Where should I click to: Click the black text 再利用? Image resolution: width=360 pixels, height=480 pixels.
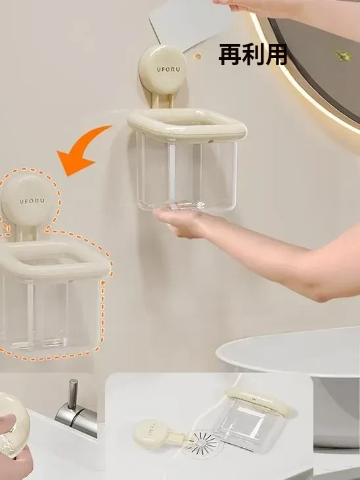[253, 55]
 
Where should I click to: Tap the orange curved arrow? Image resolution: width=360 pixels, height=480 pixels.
[80, 149]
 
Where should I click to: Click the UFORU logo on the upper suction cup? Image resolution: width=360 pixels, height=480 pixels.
[169, 69]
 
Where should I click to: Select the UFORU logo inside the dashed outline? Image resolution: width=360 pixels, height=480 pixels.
[32, 201]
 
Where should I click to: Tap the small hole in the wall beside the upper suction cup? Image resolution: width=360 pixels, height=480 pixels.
[198, 56]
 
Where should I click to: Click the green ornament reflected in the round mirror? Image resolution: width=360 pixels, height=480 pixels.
[342, 56]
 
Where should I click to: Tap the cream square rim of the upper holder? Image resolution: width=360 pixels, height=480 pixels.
[187, 125]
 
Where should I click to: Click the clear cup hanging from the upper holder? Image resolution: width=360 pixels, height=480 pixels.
[187, 174]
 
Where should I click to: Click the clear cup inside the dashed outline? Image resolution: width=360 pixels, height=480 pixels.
[51, 314]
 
